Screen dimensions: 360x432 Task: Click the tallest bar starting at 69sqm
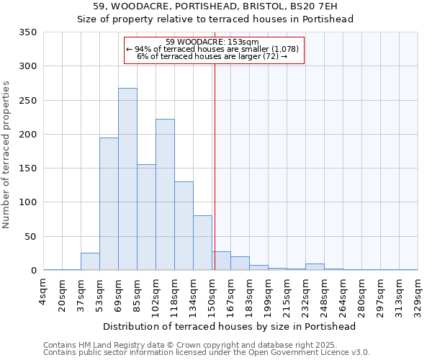[127, 179]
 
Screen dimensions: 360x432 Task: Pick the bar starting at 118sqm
[184, 226]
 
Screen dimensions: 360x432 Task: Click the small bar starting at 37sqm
[90, 262]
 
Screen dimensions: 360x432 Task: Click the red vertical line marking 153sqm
[215, 166]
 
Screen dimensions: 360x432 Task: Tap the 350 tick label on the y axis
[27, 32]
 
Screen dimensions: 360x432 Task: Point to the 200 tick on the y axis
[27, 135]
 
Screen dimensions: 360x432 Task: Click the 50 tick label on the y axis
[30, 236]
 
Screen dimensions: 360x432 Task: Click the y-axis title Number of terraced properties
[6, 154]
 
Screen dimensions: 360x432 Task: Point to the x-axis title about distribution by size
[230, 326]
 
